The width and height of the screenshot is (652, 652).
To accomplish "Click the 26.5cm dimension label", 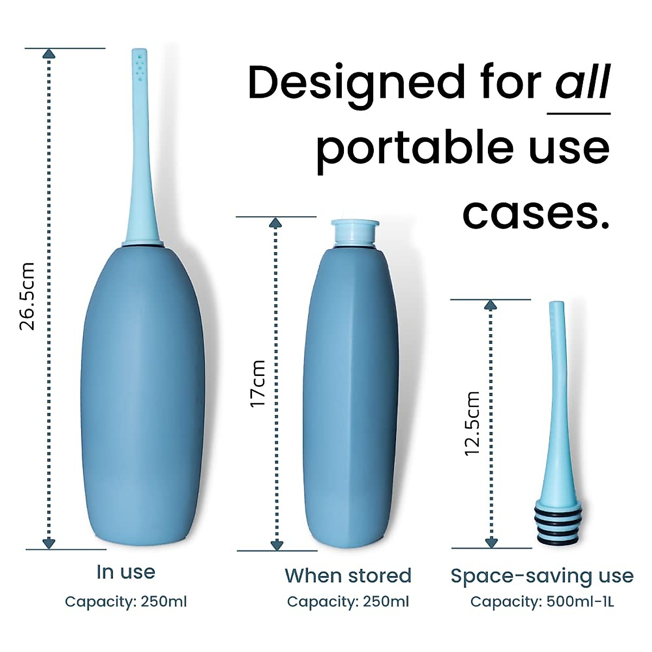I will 27,297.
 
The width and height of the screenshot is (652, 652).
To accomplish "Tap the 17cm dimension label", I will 258,384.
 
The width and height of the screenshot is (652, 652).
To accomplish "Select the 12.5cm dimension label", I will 473,423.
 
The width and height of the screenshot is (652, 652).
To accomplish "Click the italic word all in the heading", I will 582,83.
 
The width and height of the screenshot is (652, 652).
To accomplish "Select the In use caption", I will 126,572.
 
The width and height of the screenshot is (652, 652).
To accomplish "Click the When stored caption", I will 348,575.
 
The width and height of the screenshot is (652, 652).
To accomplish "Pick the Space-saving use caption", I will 542,576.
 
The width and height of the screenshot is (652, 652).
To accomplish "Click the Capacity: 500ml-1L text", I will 542,602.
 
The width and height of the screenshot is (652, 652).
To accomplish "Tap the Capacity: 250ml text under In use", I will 126,602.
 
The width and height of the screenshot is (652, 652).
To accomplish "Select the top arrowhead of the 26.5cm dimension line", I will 49,53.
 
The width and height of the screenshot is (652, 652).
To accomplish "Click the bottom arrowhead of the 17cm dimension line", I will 277,544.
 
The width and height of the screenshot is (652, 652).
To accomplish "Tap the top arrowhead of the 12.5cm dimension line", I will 491,305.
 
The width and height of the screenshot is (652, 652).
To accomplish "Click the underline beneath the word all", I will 579,114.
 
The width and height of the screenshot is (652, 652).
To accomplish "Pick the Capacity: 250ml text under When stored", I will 348,602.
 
